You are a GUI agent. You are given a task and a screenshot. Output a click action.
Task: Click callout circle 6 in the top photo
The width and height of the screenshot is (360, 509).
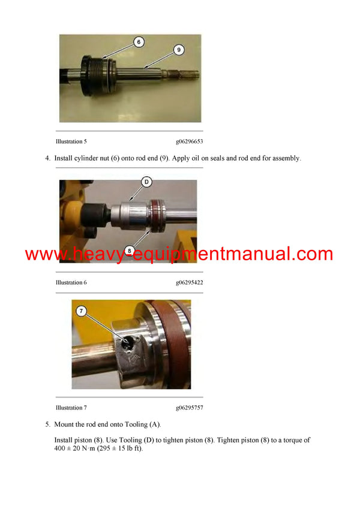coord(139,43)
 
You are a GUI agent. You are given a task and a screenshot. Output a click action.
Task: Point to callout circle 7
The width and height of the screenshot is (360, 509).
coord(83,311)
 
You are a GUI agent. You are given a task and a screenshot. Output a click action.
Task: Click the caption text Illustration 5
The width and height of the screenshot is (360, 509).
coord(71,142)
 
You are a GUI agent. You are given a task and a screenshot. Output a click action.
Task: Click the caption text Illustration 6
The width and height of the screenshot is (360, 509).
coord(71,282)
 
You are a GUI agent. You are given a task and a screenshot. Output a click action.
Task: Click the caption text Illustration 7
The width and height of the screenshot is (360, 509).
coord(71,408)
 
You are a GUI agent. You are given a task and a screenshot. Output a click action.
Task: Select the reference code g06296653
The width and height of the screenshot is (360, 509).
coord(190,142)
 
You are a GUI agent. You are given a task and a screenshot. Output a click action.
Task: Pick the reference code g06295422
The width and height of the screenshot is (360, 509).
coord(190,282)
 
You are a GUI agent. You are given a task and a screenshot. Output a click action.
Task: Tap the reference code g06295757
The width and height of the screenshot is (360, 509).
coord(190,408)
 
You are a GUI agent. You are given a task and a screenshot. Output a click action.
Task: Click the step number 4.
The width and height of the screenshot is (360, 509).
coord(47,158)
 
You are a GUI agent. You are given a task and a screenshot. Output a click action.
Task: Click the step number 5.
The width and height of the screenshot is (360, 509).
coord(47,424)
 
